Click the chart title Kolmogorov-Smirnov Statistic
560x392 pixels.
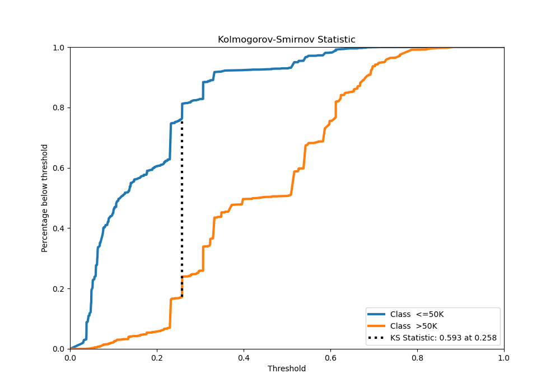pyautogui.click(x=286, y=40)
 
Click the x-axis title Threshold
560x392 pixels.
pyautogui.click(x=286, y=368)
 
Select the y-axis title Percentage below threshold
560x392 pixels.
pyautogui.click(x=45, y=198)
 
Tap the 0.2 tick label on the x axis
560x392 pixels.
pyautogui.click(x=157, y=357)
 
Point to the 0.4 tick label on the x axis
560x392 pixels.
pyautogui.click(x=244, y=357)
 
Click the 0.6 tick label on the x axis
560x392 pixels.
pyautogui.click(x=330, y=357)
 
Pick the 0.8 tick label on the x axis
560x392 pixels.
pyautogui.click(x=417, y=357)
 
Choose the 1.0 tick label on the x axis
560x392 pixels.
pyautogui.click(x=504, y=357)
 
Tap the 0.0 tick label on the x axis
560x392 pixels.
pyautogui.click(x=70, y=357)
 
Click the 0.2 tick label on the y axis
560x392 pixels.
pyautogui.click(x=59, y=289)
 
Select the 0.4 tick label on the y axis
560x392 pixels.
pyautogui.click(x=59, y=228)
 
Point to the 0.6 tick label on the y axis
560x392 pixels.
pyautogui.click(x=59, y=168)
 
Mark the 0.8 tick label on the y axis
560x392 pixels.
pyautogui.click(x=59, y=108)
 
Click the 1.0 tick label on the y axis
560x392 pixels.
pyautogui.click(x=59, y=48)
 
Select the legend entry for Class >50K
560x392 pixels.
pyautogui.click(x=414, y=326)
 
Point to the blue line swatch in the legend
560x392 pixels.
pyautogui.click(x=377, y=314)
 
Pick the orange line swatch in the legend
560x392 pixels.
pyautogui.click(x=377, y=326)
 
